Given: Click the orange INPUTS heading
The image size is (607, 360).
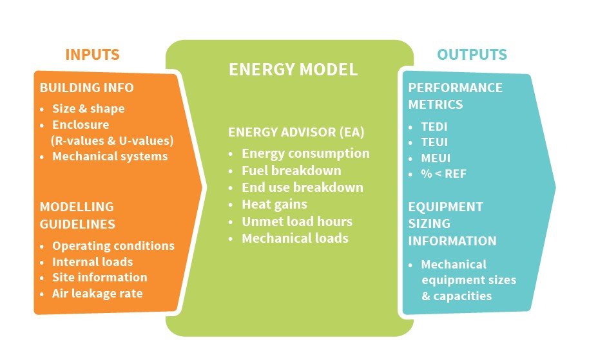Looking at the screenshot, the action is point(92,55).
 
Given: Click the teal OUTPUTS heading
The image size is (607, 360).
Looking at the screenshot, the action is point(472,55).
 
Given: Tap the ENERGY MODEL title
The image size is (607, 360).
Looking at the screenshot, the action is point(293,70).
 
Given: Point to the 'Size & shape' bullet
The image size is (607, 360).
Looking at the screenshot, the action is point(88,108).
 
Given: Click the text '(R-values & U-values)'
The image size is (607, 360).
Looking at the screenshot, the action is point(112,140).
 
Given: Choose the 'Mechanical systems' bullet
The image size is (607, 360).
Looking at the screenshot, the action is point(110,156).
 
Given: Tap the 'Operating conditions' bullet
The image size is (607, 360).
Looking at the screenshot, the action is point(113,245).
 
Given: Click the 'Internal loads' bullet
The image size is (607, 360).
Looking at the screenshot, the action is point(92,261).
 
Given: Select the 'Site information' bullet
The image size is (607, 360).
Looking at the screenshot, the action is point(99,277).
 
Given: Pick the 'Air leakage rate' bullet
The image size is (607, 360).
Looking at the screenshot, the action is point(97,293).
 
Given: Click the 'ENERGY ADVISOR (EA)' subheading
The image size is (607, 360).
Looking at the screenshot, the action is point(296,132).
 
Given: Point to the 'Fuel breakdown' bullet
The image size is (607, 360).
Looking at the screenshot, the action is point(291,171).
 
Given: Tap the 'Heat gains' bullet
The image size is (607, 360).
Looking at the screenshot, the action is point(274,204).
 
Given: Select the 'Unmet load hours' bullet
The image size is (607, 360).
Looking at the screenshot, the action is point(296,221).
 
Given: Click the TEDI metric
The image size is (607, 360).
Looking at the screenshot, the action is point(434,127).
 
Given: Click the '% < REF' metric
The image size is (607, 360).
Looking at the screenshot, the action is point(443,174).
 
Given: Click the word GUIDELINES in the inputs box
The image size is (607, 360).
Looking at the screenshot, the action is point(77,224).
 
